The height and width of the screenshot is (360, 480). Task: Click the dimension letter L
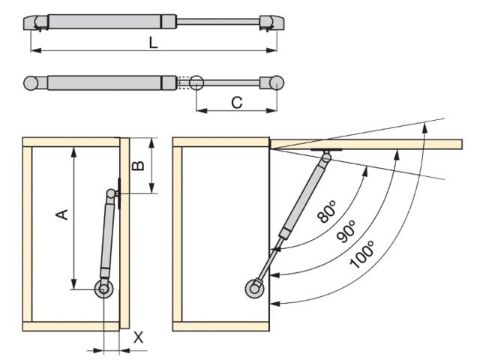tap(153, 43)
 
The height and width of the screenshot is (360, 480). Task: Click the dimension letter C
tap(237, 103)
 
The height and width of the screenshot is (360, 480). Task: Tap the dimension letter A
tap(61, 214)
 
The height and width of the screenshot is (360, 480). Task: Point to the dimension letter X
tap(138, 337)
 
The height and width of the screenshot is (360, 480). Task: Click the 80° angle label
tap(327, 211)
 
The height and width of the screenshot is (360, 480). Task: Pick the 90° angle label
tap(346, 231)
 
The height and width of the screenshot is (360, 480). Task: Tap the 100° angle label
tap(362, 255)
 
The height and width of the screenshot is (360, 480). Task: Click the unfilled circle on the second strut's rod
tap(196, 82)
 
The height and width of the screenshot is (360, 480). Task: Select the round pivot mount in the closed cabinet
tap(103, 289)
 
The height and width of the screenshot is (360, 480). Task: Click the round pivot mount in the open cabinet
tap(254, 289)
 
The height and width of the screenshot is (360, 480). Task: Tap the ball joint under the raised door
tap(327, 157)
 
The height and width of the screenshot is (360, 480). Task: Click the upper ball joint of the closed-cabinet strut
tap(110, 193)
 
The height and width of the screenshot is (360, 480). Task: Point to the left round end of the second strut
tap(31, 83)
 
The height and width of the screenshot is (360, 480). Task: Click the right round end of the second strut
tap(277, 82)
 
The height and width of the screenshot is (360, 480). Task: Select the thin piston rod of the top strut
tap(218, 22)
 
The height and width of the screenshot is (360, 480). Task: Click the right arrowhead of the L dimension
tap(271, 50)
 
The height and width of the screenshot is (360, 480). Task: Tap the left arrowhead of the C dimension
tap(202, 110)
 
